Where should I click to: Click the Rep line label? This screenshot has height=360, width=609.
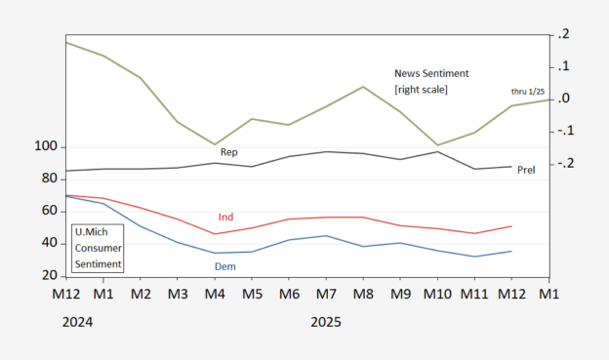228,152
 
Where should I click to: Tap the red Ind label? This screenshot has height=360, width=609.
225,218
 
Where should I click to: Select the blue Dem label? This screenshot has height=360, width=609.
225,266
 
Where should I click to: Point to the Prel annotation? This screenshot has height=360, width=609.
526,170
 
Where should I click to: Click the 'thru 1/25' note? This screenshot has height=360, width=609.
528,92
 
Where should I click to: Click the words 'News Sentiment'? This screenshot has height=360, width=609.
431,73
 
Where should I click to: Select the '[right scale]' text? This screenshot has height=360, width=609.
421,90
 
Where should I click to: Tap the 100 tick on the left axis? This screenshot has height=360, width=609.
46,146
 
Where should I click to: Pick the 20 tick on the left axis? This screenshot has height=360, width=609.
50,275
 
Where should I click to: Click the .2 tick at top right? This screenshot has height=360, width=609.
563,34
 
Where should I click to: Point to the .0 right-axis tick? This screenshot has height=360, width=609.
563,99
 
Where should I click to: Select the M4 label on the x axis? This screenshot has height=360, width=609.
215,294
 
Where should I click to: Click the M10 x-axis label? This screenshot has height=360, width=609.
437,294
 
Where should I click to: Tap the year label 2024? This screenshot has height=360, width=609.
78,322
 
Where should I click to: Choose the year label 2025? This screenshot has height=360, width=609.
326,322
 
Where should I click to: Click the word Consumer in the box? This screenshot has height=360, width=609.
99,248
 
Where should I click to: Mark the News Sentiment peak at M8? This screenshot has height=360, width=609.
363,87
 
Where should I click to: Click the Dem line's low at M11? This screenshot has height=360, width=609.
474,257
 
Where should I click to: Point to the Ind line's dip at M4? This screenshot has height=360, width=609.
215,234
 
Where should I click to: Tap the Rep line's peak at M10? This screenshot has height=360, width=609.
437,152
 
